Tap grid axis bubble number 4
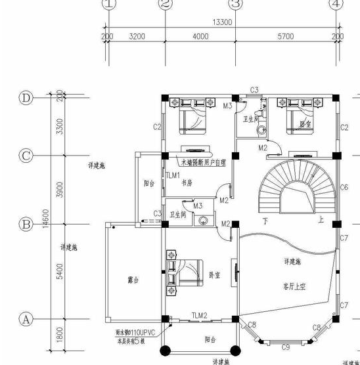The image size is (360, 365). coord(337,5)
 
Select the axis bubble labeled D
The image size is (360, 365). coord(27,98)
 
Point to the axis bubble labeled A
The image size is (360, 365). coord(27,320)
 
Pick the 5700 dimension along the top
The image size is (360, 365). coord(286,37)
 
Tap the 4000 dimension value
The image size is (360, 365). coord(200,37)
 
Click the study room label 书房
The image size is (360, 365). coord(188,184)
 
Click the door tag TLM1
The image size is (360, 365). coord(172,175)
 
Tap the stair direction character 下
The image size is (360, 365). coord(265,221)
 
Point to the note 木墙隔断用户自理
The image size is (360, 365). coord(204,161)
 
